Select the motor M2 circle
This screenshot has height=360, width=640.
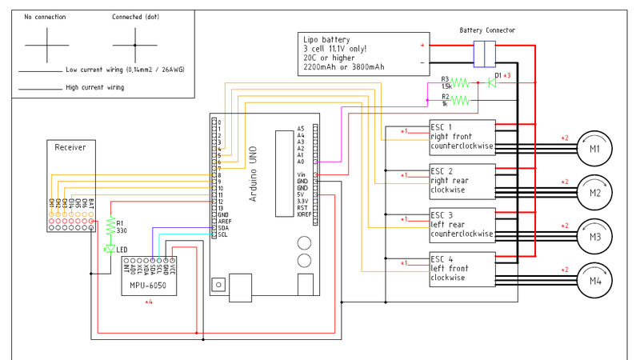pos(595,192)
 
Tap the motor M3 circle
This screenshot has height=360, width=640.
pos(595,236)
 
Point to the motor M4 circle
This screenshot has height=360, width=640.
pos(595,280)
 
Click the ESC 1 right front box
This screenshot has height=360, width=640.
pos(462,137)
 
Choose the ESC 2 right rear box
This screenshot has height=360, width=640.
pos(462,181)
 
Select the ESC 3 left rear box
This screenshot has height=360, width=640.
pos(462,225)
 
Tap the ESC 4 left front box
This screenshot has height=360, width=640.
pos(462,269)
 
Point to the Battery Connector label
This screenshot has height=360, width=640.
pos(487,30)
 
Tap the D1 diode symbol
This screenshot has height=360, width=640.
pos(494,82)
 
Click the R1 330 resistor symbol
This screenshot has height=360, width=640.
pos(110,228)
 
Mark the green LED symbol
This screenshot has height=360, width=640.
pos(110,250)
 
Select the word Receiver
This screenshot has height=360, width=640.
pos(70,147)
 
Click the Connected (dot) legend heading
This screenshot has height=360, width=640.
pos(134,16)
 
